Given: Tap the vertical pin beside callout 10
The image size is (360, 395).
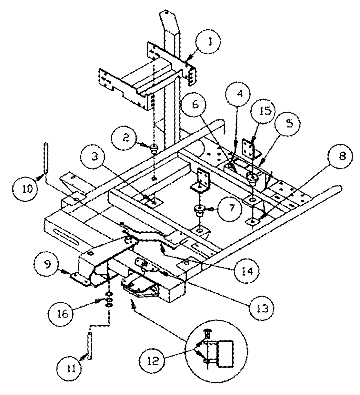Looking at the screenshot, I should pyautogui.click(x=46, y=158).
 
